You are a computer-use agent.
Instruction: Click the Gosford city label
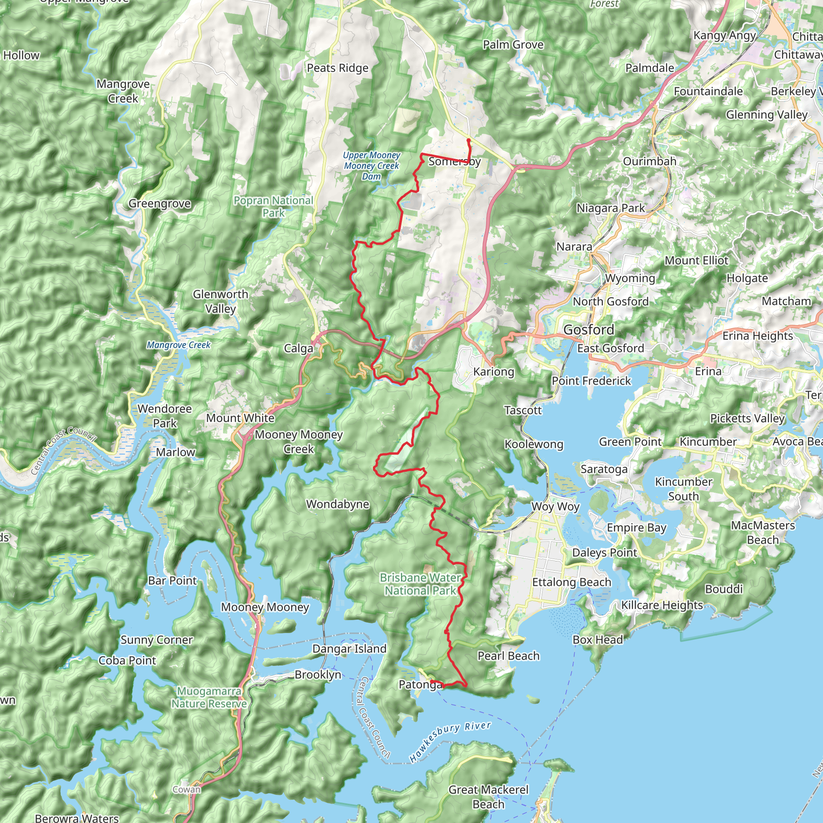pyautogui.click(x=589, y=330)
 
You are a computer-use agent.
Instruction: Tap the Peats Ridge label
pyautogui.click(x=338, y=68)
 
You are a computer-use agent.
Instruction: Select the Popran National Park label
pyautogui.click(x=274, y=207)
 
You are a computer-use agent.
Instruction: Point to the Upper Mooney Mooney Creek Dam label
pyautogui.click(x=371, y=166)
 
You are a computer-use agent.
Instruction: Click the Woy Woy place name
pyautogui.click(x=555, y=507)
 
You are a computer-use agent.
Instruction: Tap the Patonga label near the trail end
pyautogui.click(x=420, y=684)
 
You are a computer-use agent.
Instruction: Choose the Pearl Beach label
pyautogui.click(x=509, y=656)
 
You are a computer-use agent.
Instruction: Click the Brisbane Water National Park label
pyautogui.click(x=420, y=584)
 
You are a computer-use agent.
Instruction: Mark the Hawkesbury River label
pyautogui.click(x=450, y=742)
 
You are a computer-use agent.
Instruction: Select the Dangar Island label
pyautogui.click(x=349, y=649)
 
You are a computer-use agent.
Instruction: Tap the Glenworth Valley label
pyautogui.click(x=220, y=302)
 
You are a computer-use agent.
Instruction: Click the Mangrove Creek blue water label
pyautogui.click(x=178, y=345)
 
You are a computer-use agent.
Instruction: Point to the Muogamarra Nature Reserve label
pyautogui.click(x=209, y=697)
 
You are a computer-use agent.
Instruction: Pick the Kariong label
pyautogui.click(x=494, y=371)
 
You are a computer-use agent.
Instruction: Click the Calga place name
pyautogui.click(x=298, y=348)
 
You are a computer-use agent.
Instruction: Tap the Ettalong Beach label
pyautogui.click(x=572, y=582)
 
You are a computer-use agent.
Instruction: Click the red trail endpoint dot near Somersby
pyautogui.click(x=469, y=140)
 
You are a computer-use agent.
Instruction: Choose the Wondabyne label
pyautogui.click(x=338, y=504)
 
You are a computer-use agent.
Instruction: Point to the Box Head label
pyautogui.click(x=598, y=640)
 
